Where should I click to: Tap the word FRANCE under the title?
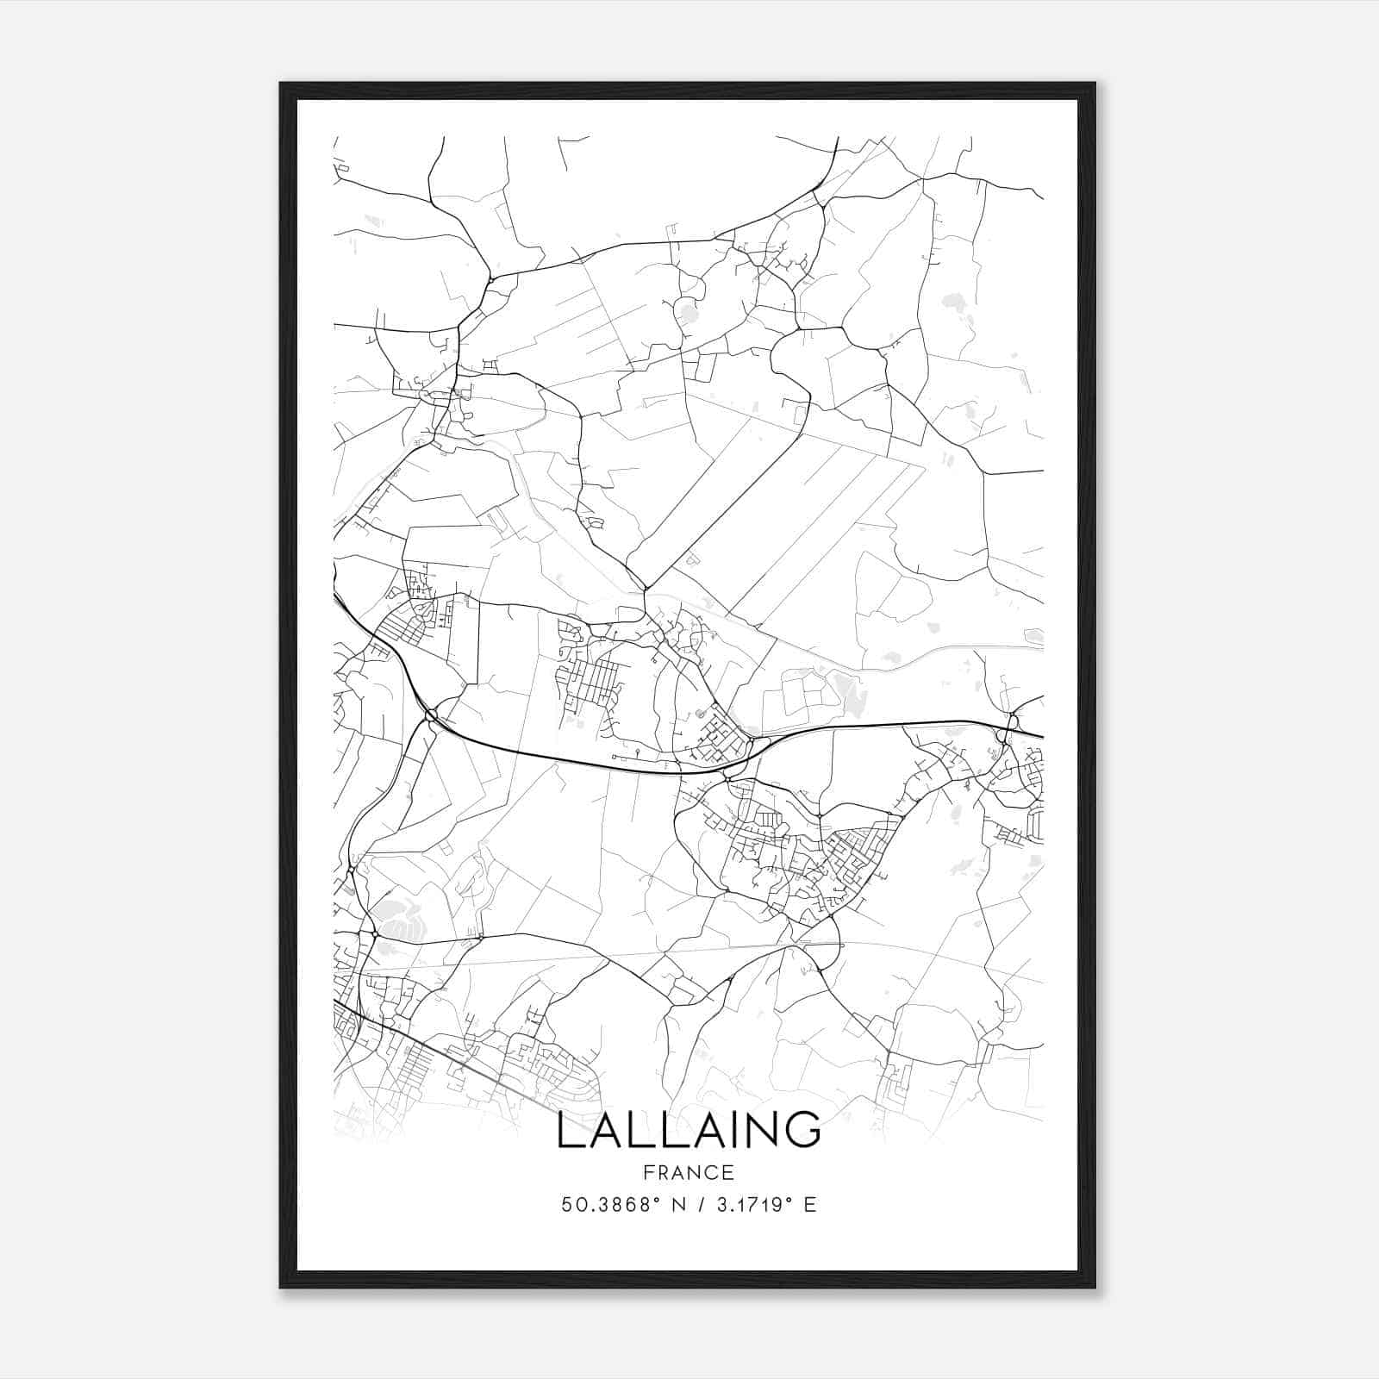point(688,1173)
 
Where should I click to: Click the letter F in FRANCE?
point(646,1173)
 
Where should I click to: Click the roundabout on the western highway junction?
point(430,714)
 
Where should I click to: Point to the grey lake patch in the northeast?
point(952,303)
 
